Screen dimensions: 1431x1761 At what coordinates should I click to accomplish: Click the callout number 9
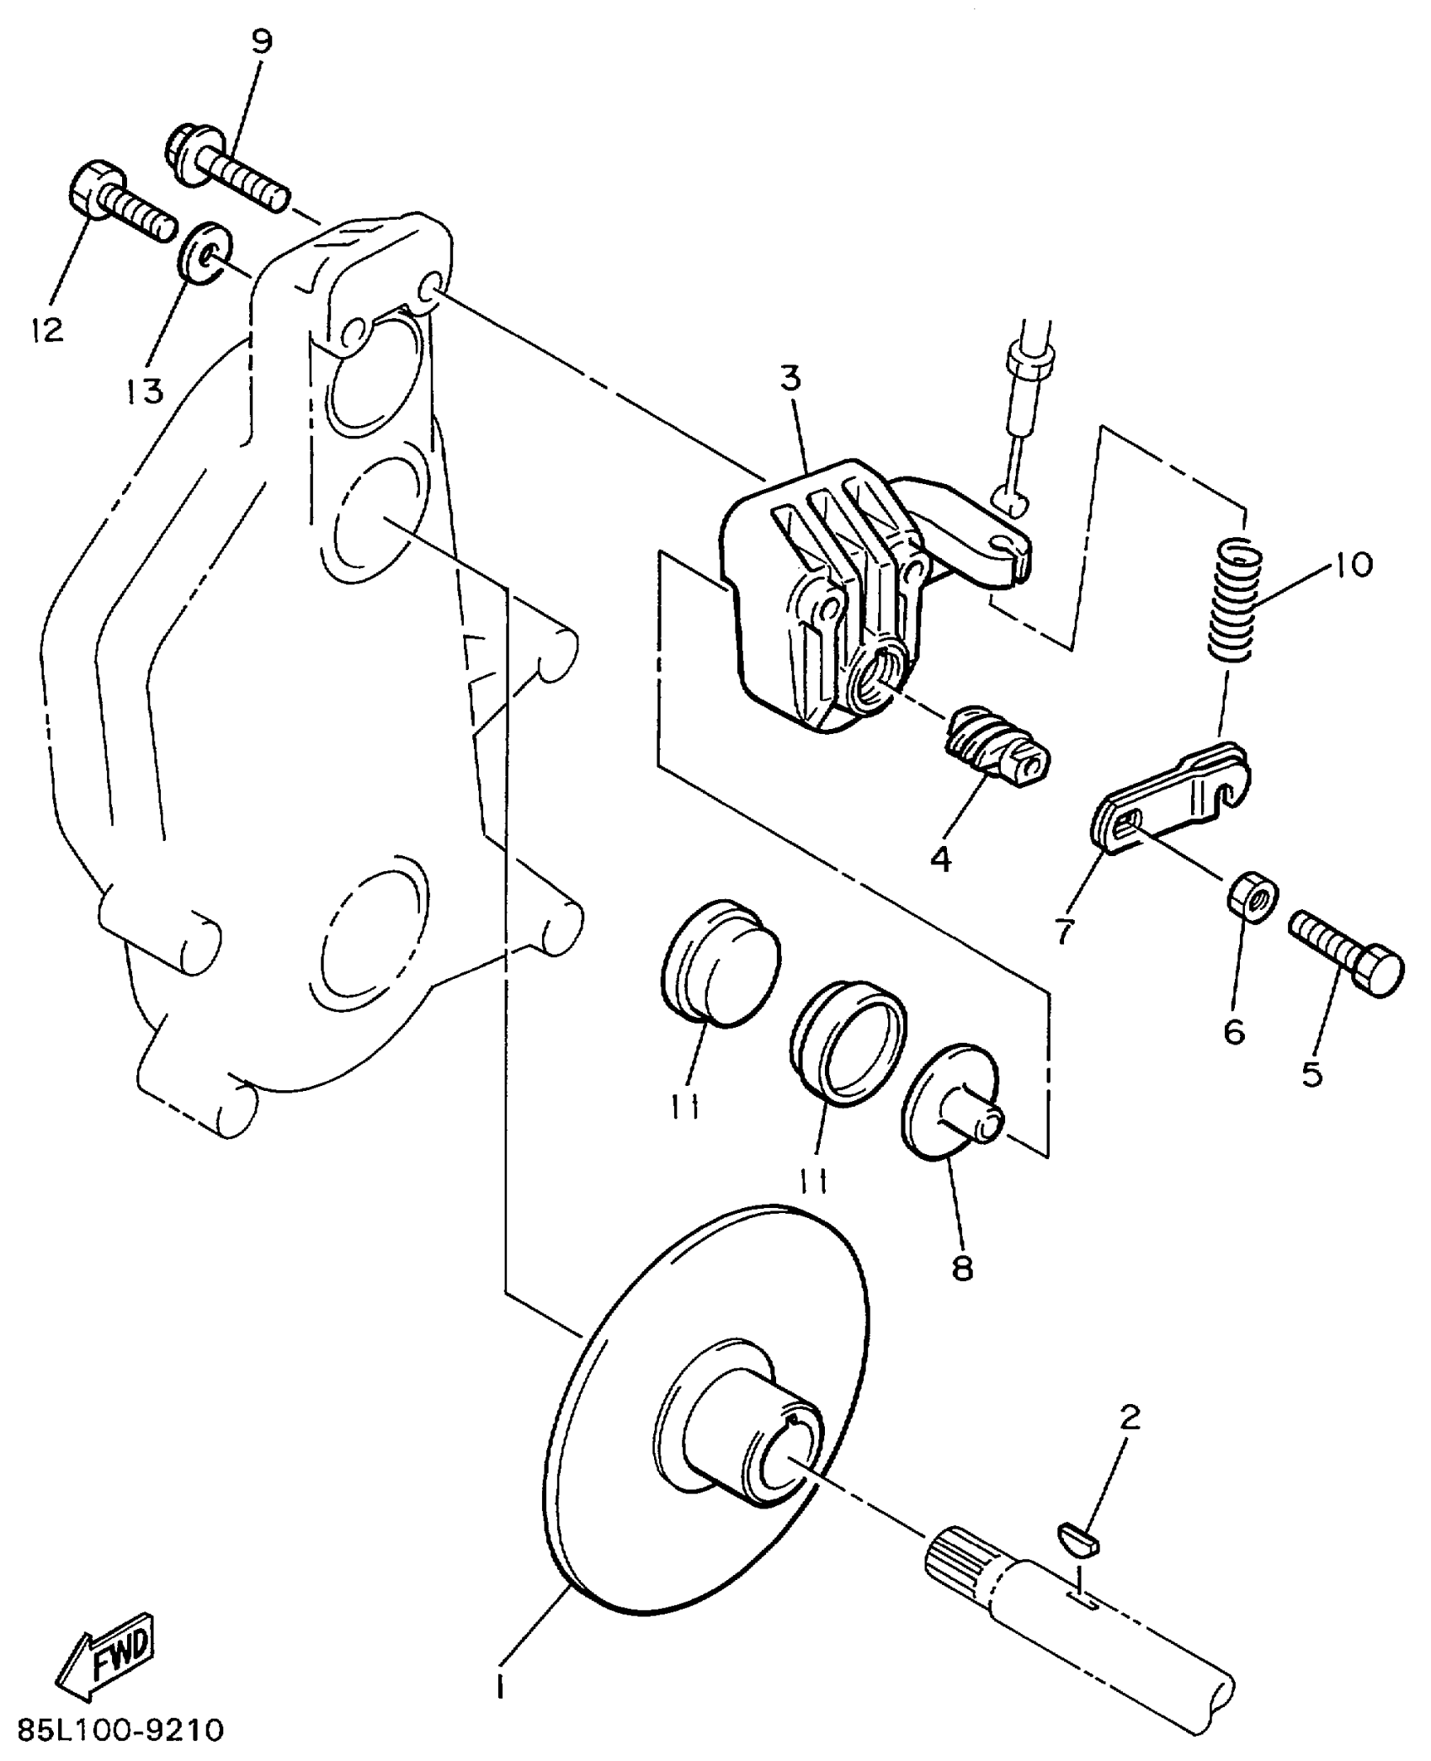coord(263,43)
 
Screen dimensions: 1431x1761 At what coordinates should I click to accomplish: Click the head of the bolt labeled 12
coord(96,190)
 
